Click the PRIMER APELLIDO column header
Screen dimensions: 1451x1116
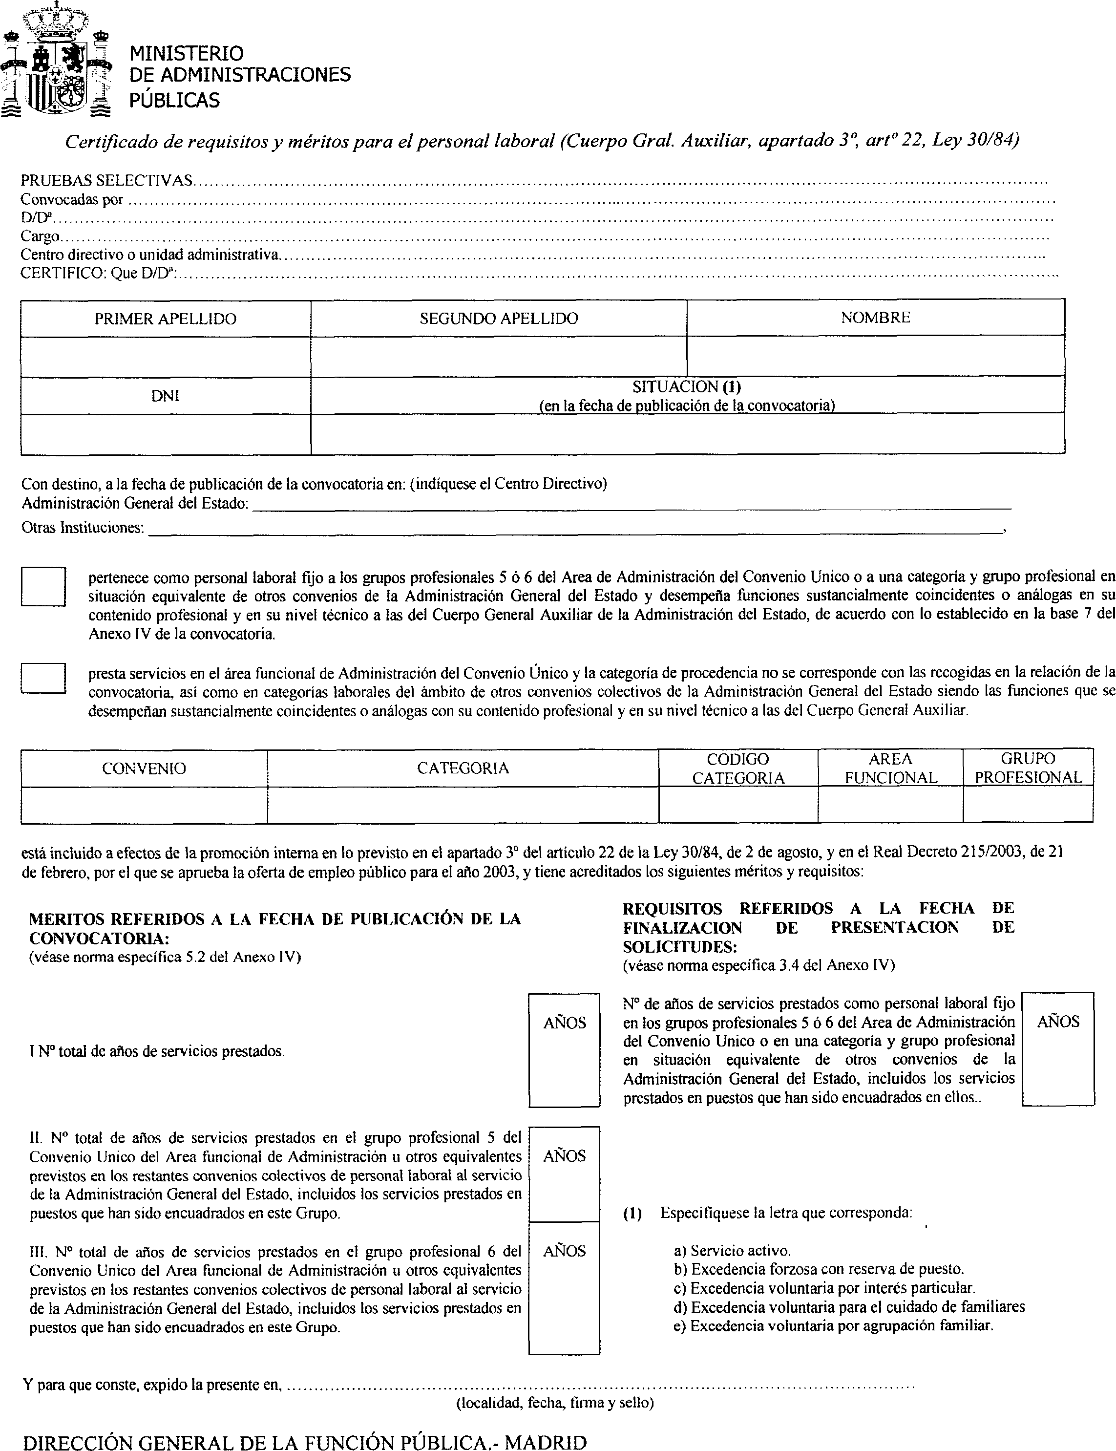(x=166, y=319)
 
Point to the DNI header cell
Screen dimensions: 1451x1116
(x=166, y=396)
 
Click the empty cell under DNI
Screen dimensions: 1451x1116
(x=166, y=434)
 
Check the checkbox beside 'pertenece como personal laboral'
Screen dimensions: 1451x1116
(x=43, y=587)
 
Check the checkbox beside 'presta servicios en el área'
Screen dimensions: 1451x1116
(x=43, y=678)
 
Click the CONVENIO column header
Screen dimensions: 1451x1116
(x=144, y=768)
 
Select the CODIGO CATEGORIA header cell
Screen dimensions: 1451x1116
(x=738, y=768)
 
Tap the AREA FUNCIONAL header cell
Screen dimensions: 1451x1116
(x=890, y=768)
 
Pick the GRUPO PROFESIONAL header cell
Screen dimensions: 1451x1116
(x=1028, y=768)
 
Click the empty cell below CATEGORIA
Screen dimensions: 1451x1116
(x=463, y=805)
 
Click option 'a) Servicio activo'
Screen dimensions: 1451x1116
(x=732, y=1251)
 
